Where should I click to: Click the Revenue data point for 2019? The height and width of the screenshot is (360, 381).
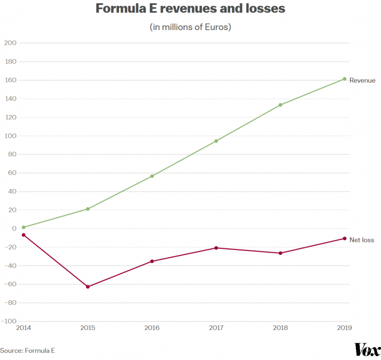pyautogui.click(x=345, y=79)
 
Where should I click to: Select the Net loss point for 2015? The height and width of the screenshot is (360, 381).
pyautogui.click(x=88, y=286)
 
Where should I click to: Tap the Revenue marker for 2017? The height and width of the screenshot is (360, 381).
pyautogui.click(x=216, y=141)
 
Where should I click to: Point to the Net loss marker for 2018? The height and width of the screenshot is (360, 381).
pyautogui.click(x=280, y=253)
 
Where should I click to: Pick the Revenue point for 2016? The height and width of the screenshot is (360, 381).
pyautogui.click(x=152, y=176)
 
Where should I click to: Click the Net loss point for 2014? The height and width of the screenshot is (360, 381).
pyautogui.click(x=23, y=235)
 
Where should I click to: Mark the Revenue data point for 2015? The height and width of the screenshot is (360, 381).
pyautogui.click(x=88, y=209)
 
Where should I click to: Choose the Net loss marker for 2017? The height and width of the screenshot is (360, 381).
pyautogui.click(x=216, y=248)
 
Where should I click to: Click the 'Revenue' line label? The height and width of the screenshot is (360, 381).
pyautogui.click(x=362, y=81)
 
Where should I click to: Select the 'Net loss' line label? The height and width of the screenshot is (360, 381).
pyautogui.click(x=361, y=240)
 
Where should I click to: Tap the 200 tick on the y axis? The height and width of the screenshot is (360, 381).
pyautogui.click(x=10, y=43)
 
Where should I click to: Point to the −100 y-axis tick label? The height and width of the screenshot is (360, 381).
pyautogui.click(x=9, y=321)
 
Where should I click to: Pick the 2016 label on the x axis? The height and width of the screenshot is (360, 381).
pyautogui.click(x=152, y=328)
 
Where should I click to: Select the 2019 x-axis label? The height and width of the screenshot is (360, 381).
pyautogui.click(x=344, y=328)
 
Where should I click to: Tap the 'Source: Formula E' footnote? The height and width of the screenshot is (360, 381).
pyautogui.click(x=28, y=351)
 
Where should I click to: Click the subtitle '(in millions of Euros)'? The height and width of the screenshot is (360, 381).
pyautogui.click(x=190, y=27)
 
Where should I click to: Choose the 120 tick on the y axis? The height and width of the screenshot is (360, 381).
pyautogui.click(x=10, y=117)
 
